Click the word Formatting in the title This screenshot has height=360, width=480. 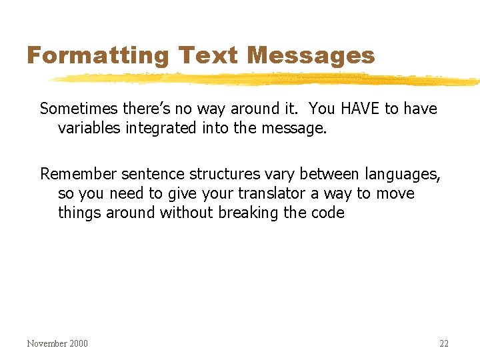point(98,56)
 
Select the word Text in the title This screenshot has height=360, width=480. point(207,55)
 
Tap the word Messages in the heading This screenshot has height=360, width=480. point(311,56)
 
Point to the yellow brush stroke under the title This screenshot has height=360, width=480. point(267,80)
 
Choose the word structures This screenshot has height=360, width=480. point(224,175)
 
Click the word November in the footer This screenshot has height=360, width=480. point(47,344)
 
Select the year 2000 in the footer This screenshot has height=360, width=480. point(78,344)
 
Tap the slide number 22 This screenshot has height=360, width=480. point(444,344)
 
